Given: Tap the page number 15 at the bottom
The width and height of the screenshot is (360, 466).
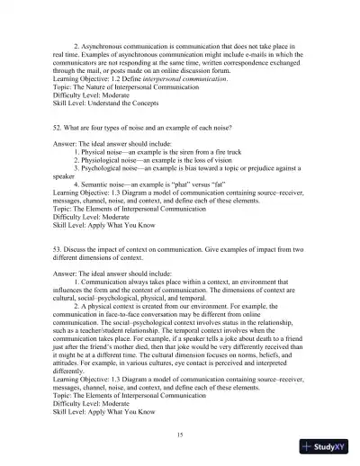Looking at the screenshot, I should [x=181, y=433].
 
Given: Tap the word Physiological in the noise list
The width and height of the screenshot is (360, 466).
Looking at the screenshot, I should [x=110, y=192].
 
